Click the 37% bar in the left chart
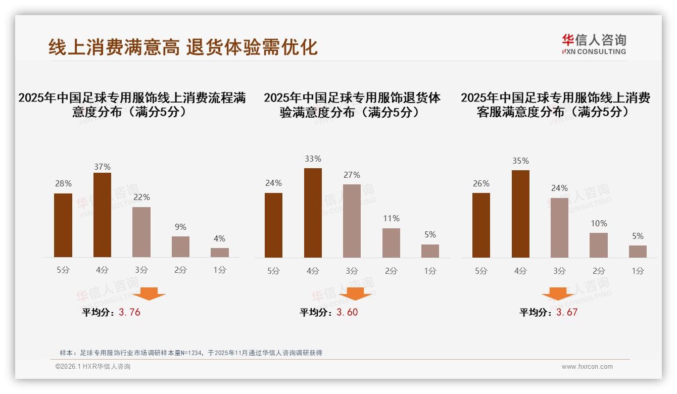click(x=102, y=215)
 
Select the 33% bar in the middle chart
click(x=313, y=213)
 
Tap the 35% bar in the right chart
click(x=520, y=214)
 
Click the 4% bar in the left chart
click(x=219, y=253)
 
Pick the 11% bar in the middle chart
click(x=391, y=243)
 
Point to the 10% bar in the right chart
click(x=599, y=245)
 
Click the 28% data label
click(x=63, y=184)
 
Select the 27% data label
click(x=352, y=175)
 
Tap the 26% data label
click(x=481, y=183)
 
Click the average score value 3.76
click(x=129, y=312)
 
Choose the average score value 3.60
click(x=347, y=312)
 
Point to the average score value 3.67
click(x=567, y=312)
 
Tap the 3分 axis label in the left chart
click(x=141, y=270)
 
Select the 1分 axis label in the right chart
click(x=638, y=271)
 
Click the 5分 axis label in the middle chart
click(x=273, y=271)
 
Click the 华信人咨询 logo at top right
click(x=594, y=44)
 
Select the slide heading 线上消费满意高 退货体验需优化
click(x=183, y=47)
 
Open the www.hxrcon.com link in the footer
click(x=587, y=367)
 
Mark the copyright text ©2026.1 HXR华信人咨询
click(x=93, y=367)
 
